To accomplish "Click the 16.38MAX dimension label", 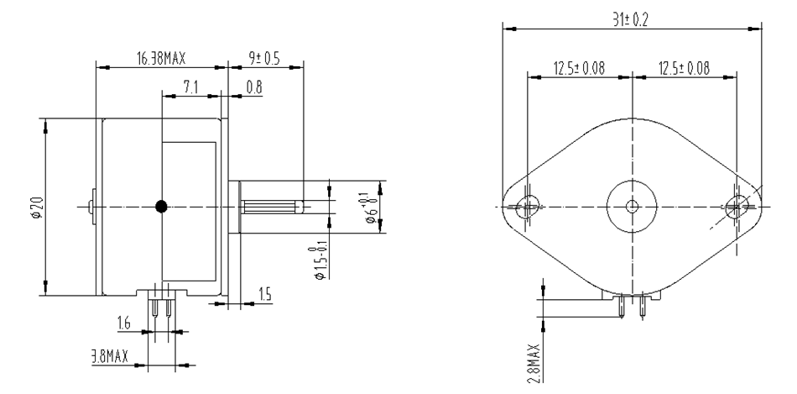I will [160, 59].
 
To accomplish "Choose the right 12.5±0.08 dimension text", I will [685, 67].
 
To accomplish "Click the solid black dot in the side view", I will [161, 206].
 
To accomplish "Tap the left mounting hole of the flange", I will [528, 205].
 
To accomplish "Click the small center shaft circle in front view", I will [633, 205].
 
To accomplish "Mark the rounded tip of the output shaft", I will [300, 206].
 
